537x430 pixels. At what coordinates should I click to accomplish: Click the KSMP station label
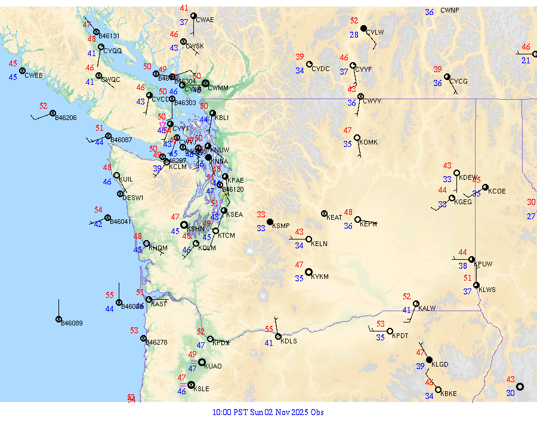coord(280,226)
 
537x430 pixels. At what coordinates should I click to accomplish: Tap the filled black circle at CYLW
coord(363,28)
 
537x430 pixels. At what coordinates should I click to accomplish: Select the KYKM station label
coord(320,277)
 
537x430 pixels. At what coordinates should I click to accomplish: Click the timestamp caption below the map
coord(268,412)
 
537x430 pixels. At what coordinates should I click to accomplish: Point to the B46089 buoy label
coord(72,323)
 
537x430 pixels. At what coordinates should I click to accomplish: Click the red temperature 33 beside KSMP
coord(261,214)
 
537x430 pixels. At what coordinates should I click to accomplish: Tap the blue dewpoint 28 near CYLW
coord(354,35)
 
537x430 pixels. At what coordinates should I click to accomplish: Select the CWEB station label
coord(33,75)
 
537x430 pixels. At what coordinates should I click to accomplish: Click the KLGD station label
coord(440,364)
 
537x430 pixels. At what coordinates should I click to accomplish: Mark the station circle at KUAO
coord(202,363)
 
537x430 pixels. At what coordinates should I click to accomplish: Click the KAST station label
coord(159,304)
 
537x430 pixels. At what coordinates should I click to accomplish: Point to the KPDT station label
coord(400,336)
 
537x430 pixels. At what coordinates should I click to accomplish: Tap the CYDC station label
coord(320,69)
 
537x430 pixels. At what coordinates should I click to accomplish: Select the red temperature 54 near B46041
coord(98,210)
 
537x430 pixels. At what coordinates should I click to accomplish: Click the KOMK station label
coord(369,142)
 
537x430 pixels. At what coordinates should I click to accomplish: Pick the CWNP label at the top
coord(450,11)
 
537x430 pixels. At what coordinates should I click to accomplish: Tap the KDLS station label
coord(289,341)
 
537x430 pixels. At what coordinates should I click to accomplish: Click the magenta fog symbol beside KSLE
coord(183,385)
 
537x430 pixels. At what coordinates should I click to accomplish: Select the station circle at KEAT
coord(324,213)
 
